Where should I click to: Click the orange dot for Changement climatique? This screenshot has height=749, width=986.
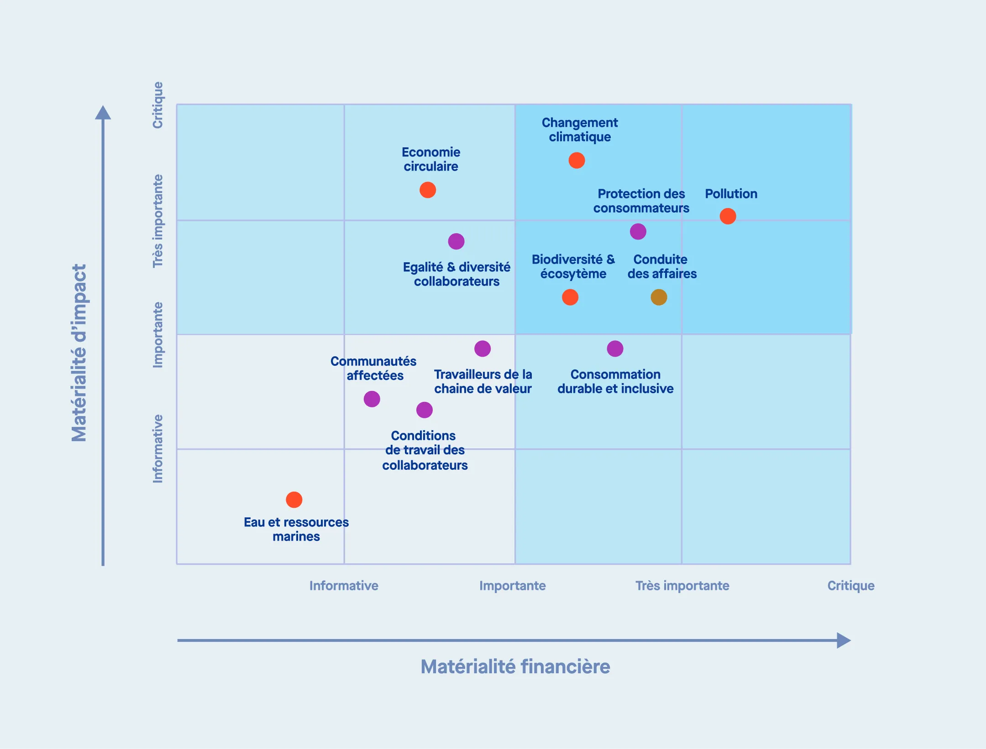[577, 161]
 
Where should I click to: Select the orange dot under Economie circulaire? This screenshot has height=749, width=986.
[428, 190]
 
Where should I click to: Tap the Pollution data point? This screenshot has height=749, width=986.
[728, 216]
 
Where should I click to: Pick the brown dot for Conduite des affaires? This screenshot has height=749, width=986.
[659, 297]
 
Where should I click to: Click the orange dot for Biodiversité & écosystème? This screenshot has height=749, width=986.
[570, 297]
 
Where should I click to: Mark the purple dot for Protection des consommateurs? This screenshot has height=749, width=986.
[638, 232]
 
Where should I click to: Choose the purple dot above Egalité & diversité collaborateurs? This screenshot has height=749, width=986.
[456, 241]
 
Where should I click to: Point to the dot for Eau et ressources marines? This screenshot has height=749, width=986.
[294, 500]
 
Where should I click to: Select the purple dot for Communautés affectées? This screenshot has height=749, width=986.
[372, 399]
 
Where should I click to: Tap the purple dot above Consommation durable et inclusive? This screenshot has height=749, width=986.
[615, 349]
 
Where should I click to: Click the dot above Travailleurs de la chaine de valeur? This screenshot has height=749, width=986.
[483, 349]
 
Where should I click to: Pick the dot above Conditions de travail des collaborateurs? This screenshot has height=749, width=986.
[425, 410]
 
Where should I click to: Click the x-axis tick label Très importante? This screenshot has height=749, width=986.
[682, 586]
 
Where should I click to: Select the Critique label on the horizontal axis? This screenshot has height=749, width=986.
[851, 586]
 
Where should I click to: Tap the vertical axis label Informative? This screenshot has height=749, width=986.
[157, 449]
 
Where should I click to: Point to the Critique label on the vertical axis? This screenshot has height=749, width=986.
[157, 105]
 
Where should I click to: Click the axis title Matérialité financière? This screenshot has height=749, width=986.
[515, 666]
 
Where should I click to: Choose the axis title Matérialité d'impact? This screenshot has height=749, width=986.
[79, 353]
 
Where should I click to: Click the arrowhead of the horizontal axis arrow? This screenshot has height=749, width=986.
[844, 640]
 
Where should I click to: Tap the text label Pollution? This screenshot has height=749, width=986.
[731, 194]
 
